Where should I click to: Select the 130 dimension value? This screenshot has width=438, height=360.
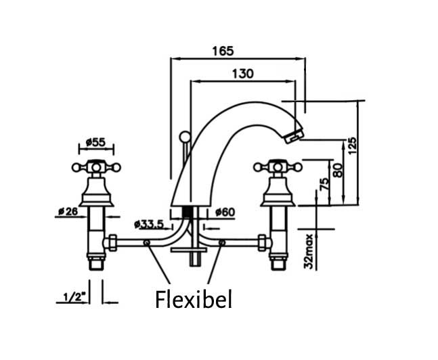(242, 74)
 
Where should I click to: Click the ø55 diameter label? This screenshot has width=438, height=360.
(96, 143)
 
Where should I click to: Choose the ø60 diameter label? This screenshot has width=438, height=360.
(225, 212)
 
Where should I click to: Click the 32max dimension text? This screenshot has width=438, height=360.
(309, 251)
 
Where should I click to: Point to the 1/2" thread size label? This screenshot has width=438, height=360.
(72, 296)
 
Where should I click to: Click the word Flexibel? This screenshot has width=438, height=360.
(194, 298)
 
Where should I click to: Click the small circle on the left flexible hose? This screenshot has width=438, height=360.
(147, 242)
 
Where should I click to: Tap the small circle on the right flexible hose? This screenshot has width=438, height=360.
(221, 242)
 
